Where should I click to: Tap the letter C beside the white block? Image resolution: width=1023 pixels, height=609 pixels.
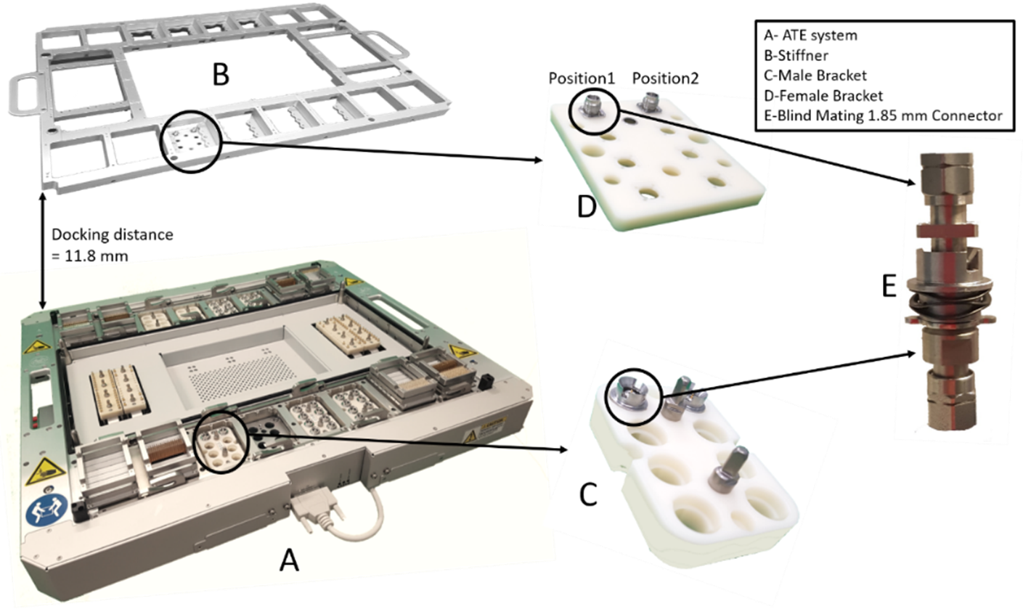pyautogui.click(x=588, y=494)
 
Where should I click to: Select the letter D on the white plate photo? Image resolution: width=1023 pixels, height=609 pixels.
pyautogui.click(x=587, y=208)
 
